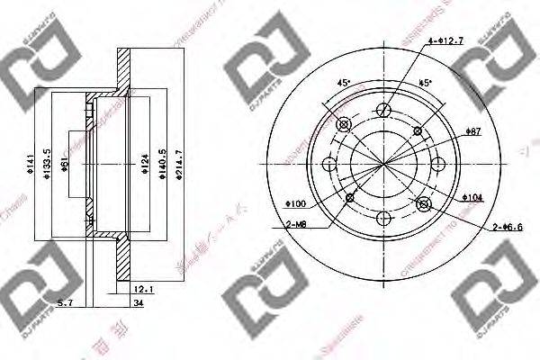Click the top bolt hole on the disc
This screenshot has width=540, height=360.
point(384,112)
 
